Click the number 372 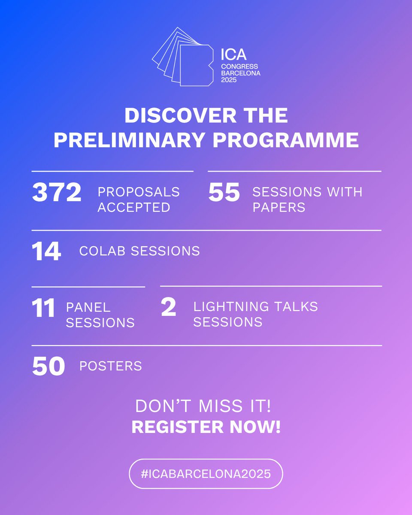(57, 193)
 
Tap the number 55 (224, 193)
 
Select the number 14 (46, 251)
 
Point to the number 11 (43, 309)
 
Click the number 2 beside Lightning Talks (169, 309)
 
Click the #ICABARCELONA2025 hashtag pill (206, 474)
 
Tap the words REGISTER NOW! (206, 427)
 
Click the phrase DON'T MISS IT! (206, 406)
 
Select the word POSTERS (111, 366)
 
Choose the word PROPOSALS (139, 192)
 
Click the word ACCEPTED (134, 207)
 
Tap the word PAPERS (279, 207)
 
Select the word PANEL (88, 307)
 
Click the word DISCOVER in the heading (169, 116)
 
